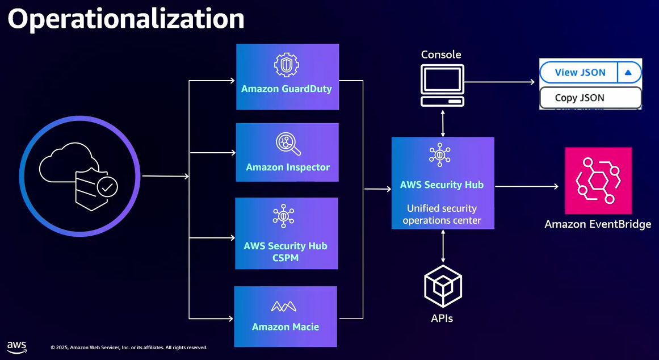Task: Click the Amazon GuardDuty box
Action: pos(287,77)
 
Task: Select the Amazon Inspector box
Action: pos(287,152)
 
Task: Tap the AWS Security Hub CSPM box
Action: pos(286,233)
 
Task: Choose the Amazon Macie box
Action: pos(286,316)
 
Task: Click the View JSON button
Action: pos(580,73)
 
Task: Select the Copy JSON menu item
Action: pos(580,98)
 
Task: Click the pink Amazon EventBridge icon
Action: pos(598,181)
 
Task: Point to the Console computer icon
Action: pos(442,85)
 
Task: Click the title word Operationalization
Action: pos(125,19)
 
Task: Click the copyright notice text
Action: pos(129,348)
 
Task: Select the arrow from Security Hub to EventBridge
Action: pos(526,186)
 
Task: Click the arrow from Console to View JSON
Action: pos(500,82)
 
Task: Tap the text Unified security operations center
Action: pos(442,214)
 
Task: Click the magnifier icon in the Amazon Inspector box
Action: pos(287,144)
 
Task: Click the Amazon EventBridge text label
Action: pos(598,224)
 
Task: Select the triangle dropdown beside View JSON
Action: pos(628,73)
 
